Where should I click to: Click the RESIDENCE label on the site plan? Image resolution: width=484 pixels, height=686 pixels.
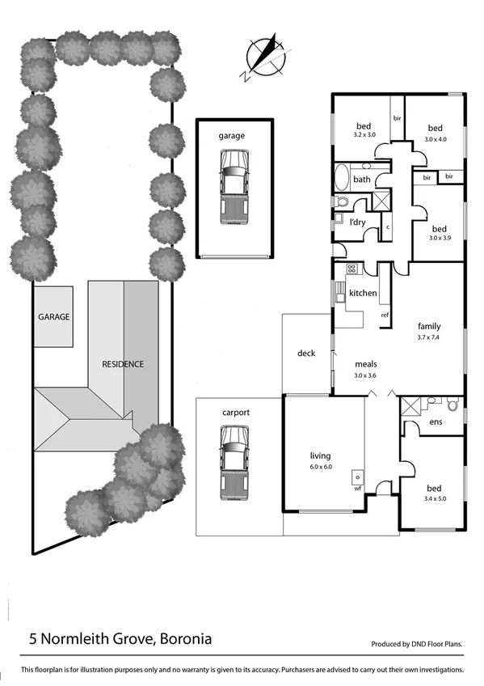[122, 364]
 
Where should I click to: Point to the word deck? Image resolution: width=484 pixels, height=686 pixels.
[306, 353]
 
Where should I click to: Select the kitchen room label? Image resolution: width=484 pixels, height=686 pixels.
[362, 292]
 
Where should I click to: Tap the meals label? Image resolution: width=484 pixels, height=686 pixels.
[366, 364]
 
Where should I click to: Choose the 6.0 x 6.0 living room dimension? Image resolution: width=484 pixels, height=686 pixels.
[321, 468]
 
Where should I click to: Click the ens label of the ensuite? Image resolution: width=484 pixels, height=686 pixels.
[436, 421]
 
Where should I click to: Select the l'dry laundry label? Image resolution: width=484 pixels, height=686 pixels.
[357, 222]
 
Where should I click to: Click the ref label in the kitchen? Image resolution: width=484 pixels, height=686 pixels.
[385, 315]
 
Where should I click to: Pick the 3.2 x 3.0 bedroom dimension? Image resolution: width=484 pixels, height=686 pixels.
[364, 135]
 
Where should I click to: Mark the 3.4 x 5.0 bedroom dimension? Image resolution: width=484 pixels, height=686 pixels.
[435, 500]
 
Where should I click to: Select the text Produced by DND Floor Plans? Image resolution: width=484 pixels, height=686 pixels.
[417, 645]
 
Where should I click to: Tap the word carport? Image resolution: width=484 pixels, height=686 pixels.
[235, 413]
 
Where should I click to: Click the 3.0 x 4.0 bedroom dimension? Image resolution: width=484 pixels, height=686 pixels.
[435, 139]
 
